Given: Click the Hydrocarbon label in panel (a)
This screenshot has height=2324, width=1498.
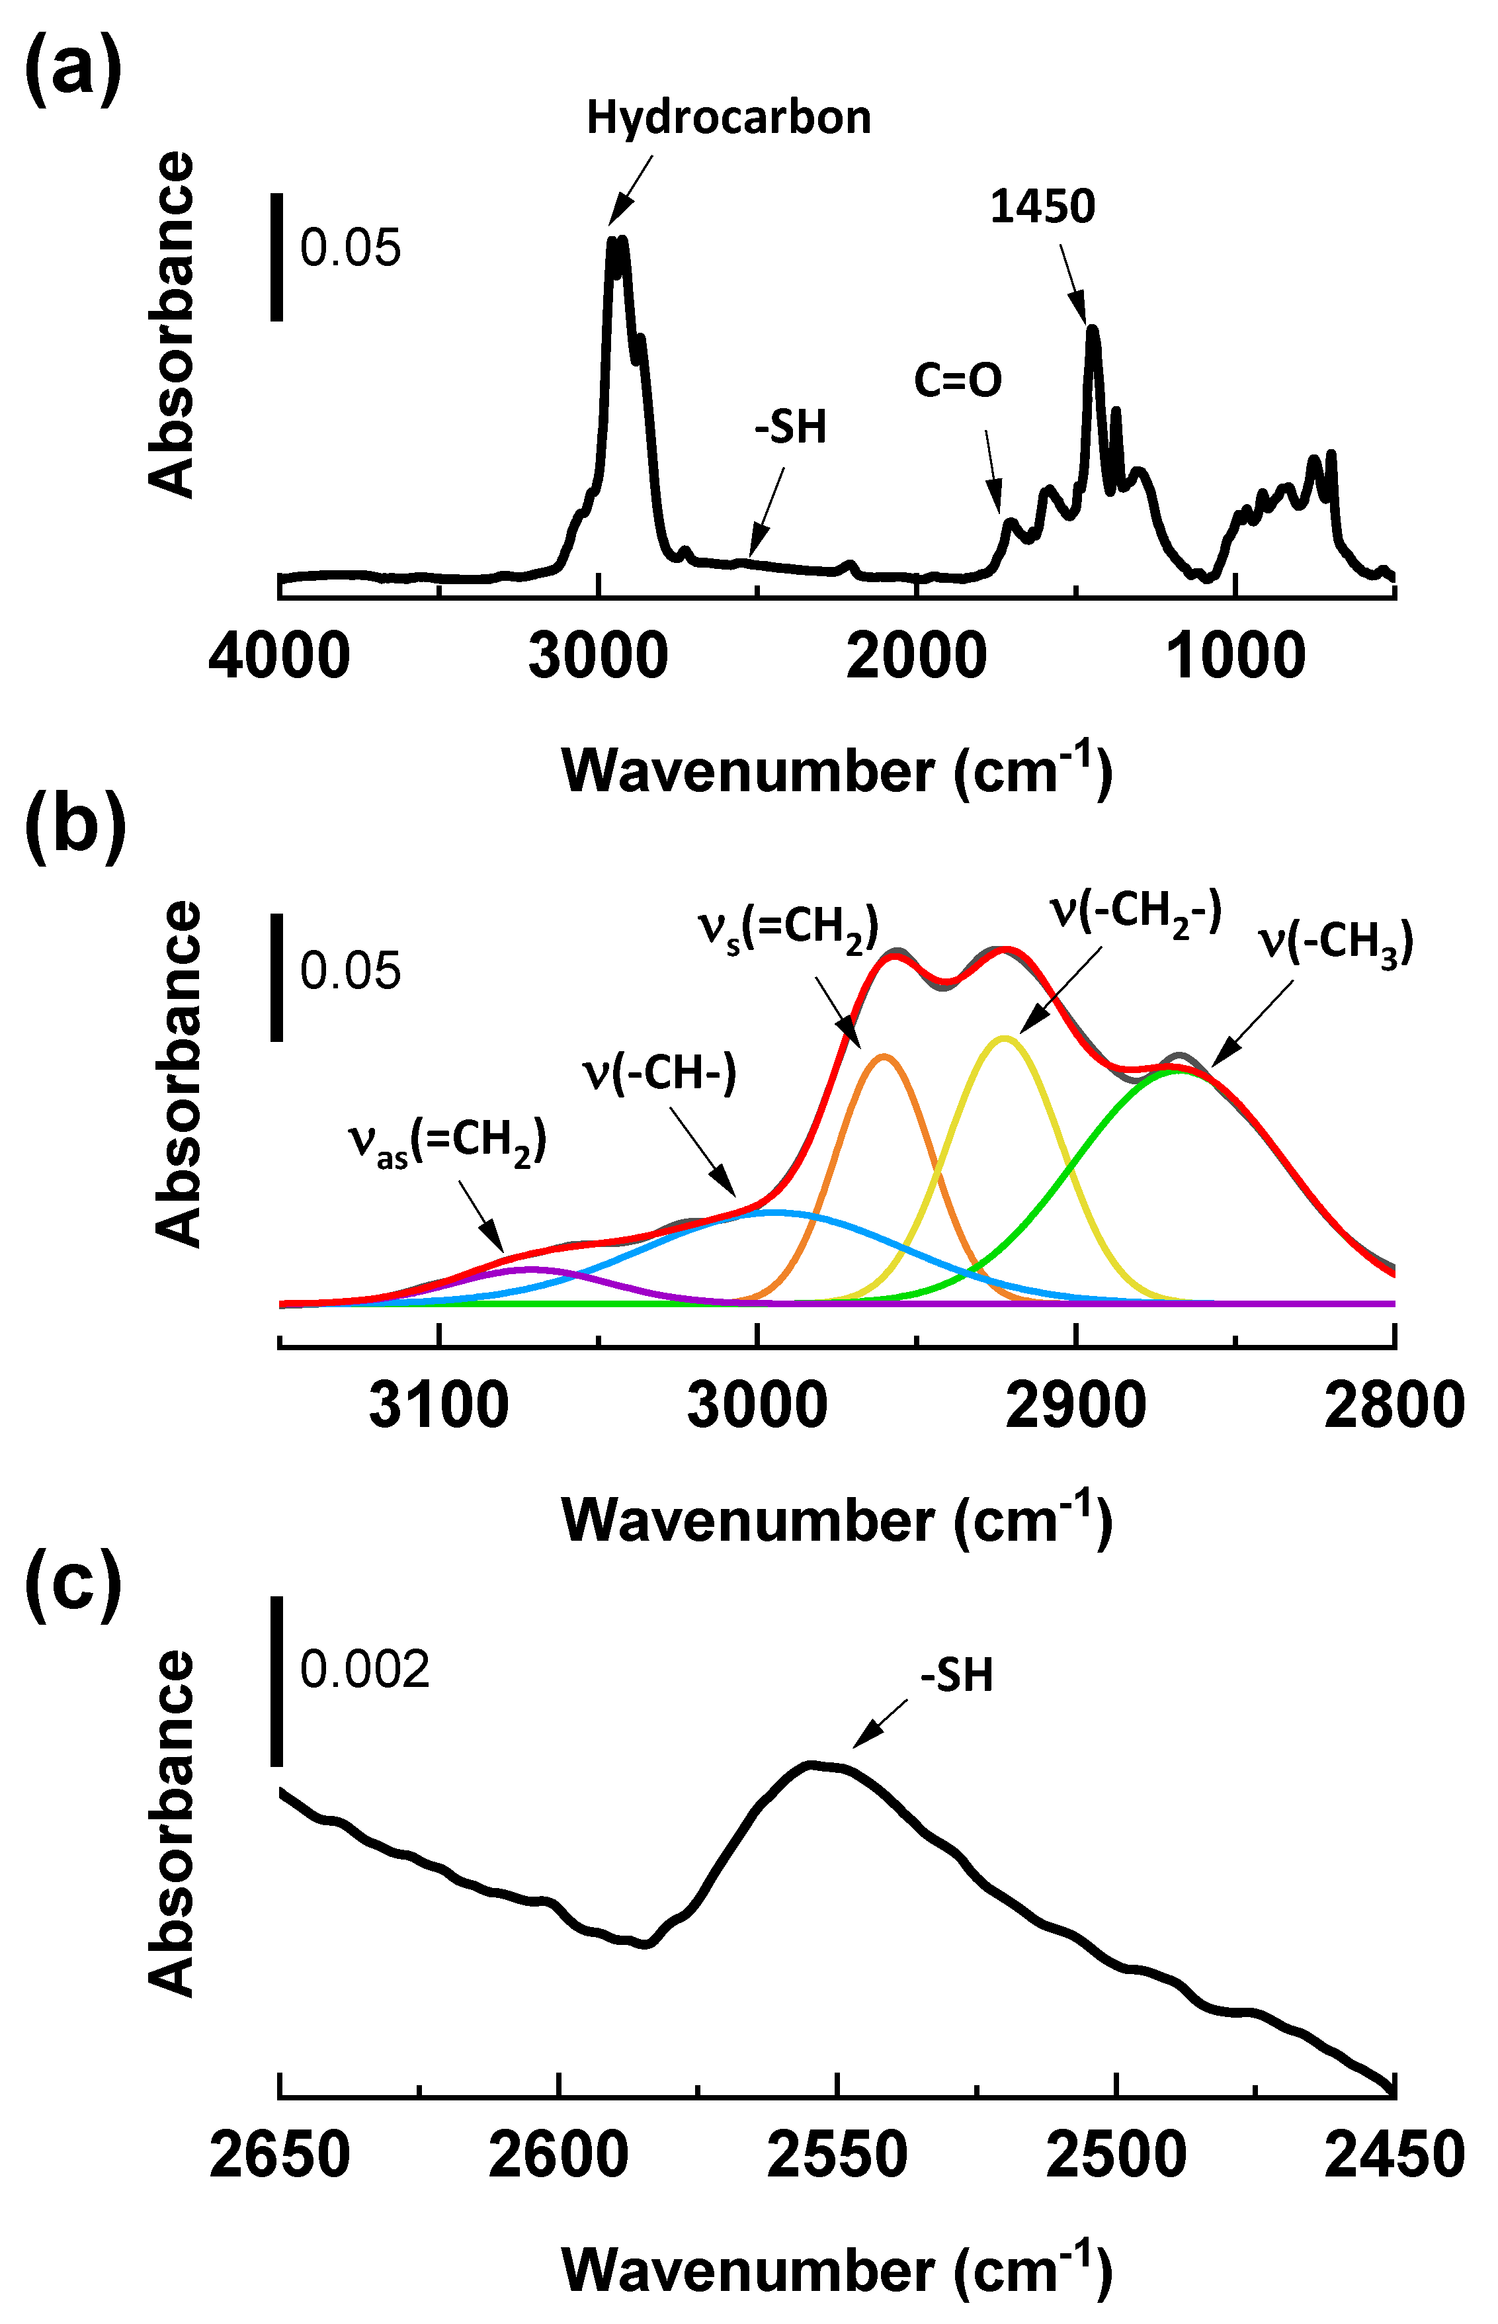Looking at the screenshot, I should [729, 118].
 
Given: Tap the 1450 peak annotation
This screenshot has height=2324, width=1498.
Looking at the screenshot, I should [1043, 206].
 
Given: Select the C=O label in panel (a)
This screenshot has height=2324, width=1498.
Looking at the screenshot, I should [958, 380].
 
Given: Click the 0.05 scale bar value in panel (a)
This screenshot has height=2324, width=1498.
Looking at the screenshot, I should [350, 247].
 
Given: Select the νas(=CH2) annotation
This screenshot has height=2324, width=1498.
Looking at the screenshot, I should [448, 1140].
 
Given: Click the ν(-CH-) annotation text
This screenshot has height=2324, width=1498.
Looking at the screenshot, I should [659, 1073].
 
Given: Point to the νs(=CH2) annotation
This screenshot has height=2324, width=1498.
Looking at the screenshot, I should [788, 926].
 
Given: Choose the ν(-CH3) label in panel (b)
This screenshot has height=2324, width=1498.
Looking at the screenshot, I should [1335, 941].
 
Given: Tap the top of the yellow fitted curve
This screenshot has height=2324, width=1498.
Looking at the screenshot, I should [1005, 1038].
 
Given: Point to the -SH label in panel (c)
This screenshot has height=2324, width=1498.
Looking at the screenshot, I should [957, 1675].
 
